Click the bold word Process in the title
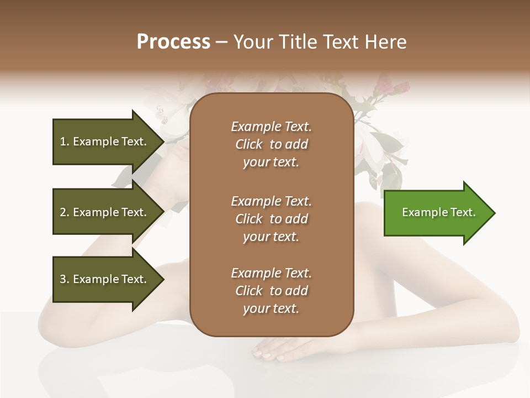tap(173, 42)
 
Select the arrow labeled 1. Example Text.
tap(105, 142)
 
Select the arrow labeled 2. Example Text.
tap(105, 212)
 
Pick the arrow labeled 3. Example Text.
tap(105, 279)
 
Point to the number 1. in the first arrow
tap(65, 142)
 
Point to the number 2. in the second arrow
tap(65, 212)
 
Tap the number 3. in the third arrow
tap(65, 279)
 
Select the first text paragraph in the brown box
tap(271, 144)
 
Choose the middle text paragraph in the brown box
tap(271, 219)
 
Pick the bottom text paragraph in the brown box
tap(271, 291)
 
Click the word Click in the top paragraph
tap(249, 145)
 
